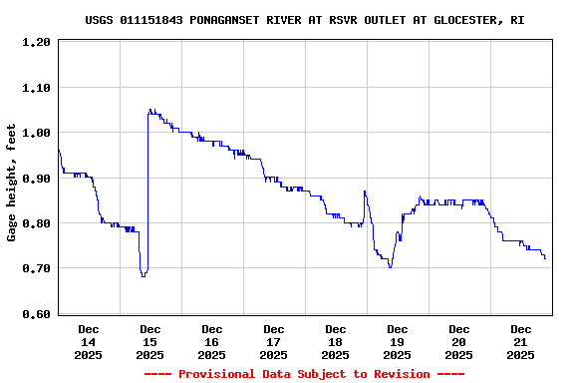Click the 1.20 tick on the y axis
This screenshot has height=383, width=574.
[x=37, y=42]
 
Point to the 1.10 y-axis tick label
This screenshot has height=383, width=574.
[x=37, y=88]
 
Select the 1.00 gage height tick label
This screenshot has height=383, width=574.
[x=37, y=133]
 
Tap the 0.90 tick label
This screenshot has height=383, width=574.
[x=37, y=179]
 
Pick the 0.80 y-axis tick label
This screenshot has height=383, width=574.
[x=37, y=223]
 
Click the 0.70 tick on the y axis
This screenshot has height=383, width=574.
[x=37, y=269]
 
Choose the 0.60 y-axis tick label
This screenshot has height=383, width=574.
[x=37, y=314]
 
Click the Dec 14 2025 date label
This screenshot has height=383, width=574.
[x=89, y=341]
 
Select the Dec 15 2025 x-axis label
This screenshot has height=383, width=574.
[x=150, y=341]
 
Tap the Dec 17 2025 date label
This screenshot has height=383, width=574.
[x=274, y=341]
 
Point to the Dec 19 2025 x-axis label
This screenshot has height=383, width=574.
[x=398, y=341]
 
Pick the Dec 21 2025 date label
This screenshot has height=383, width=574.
[x=521, y=341]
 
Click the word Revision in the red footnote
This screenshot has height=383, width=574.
[x=395, y=374]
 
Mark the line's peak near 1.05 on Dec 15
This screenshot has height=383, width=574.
[x=150, y=110]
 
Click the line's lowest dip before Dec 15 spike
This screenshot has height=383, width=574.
[x=143, y=275]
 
